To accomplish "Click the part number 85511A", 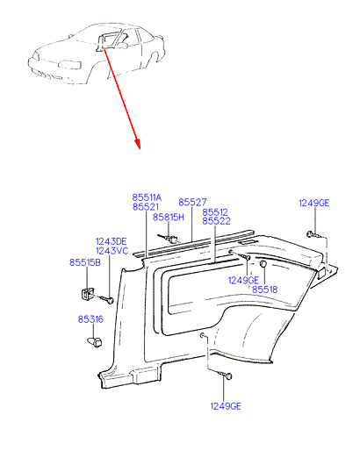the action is [x=147, y=197].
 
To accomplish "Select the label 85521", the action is [x=146, y=207].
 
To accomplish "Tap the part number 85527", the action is [x=192, y=202].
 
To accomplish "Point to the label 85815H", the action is [x=168, y=217].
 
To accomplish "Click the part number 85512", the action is [x=215, y=212].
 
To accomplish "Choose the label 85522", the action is [x=216, y=221].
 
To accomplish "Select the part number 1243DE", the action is [x=112, y=241].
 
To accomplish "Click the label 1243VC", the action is [x=112, y=250].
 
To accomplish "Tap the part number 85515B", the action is [x=85, y=262].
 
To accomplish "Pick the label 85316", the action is [x=90, y=319].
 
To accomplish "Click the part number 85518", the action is [x=264, y=290].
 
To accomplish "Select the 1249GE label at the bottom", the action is [x=226, y=406].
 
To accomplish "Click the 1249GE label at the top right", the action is [x=314, y=203].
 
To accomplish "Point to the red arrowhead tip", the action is [x=140, y=148].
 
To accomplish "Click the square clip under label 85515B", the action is [x=87, y=293].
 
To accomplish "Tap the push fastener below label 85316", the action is [x=94, y=342].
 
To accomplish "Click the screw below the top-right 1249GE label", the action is [x=312, y=234].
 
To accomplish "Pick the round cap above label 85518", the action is [x=263, y=264].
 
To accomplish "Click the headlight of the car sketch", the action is [x=69, y=65].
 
